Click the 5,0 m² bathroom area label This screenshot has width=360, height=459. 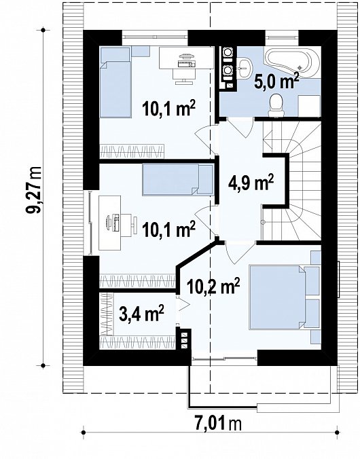tap(276, 81)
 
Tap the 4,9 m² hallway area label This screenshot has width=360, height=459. tap(251, 183)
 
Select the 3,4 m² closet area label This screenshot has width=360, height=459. tap(141, 313)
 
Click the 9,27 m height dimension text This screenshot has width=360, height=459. tap(34, 191)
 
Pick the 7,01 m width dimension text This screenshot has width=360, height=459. tap(218, 423)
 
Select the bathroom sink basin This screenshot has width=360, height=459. tap(244, 68)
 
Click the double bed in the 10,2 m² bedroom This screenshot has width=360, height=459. tap(283, 297)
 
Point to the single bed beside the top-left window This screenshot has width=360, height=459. tap(115, 83)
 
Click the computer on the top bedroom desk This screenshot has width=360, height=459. tap(185, 60)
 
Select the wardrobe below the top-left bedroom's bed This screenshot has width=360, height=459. tap(132, 151)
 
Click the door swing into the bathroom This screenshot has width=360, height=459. tap(240, 127)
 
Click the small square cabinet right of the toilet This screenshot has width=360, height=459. tap(309, 106)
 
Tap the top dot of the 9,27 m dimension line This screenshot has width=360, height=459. tap(43, 30)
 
